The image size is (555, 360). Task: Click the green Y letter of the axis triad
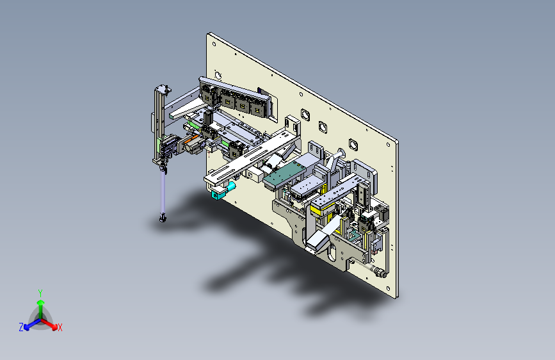click(x=40, y=292)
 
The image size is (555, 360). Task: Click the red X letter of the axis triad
click(x=60, y=328)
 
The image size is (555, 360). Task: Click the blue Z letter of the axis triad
click(x=21, y=327)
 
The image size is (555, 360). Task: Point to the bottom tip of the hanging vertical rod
click(x=163, y=220)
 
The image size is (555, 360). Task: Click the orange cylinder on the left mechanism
click(x=191, y=147)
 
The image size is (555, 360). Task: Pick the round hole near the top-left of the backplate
click(x=218, y=74)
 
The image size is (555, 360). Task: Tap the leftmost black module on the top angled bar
click(x=208, y=95)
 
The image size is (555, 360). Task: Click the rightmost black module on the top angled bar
click(x=259, y=108)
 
